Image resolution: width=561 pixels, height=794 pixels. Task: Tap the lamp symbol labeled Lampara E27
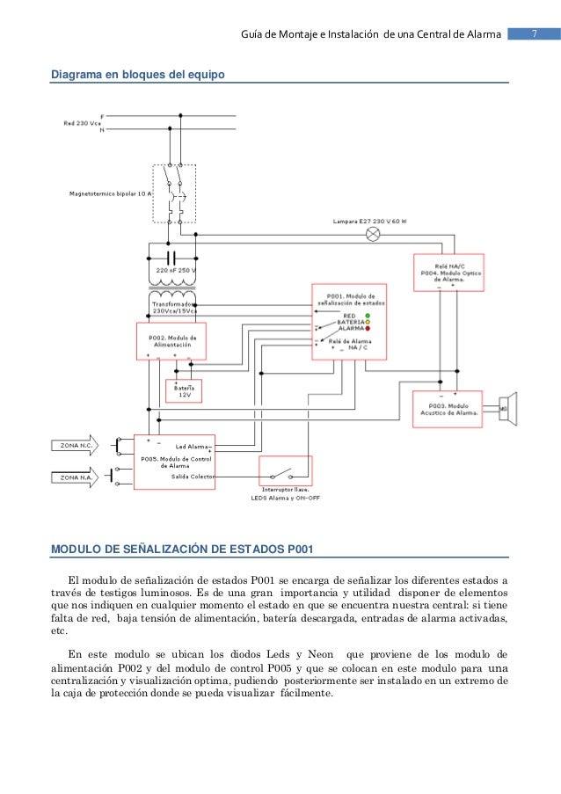pos(373,235)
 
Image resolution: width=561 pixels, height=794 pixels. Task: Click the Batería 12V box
pos(184,390)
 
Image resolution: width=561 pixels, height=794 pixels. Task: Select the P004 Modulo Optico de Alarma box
pos(448,272)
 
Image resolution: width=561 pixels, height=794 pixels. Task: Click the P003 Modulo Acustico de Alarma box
pos(448,409)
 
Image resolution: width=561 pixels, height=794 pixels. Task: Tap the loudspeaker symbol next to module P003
pos(507,409)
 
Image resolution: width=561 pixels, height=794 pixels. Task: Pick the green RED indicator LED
pos(368,314)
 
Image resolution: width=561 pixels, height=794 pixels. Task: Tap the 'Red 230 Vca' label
pos(82,123)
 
